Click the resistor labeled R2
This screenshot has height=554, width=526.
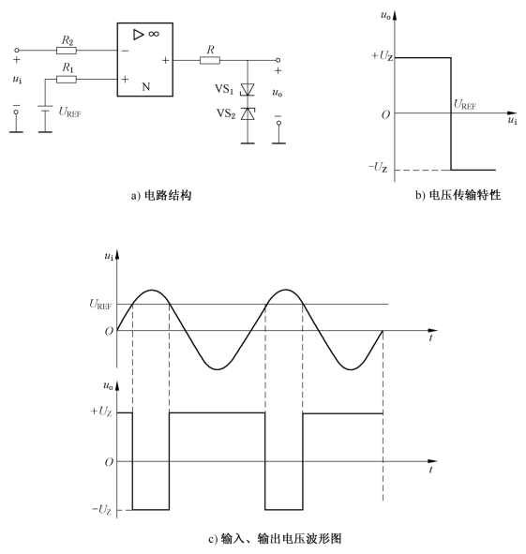(x=67, y=51)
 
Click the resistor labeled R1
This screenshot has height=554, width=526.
(x=67, y=79)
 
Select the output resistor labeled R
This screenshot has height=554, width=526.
(x=210, y=60)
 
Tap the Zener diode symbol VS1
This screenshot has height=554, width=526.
(x=248, y=89)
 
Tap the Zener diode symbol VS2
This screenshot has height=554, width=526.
(x=248, y=113)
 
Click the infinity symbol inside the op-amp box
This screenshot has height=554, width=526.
(x=154, y=34)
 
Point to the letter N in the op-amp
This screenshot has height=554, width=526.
(x=146, y=86)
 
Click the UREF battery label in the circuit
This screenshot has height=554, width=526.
(x=69, y=112)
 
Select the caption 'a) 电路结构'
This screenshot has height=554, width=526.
(x=161, y=195)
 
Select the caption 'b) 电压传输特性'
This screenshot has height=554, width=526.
(x=458, y=195)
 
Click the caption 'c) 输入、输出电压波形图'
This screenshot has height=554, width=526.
(x=275, y=539)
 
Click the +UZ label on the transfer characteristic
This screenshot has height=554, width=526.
(x=382, y=56)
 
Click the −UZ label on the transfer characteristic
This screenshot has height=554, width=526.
(x=378, y=167)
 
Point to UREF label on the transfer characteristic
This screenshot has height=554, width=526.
(x=465, y=105)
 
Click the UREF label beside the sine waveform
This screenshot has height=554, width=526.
(x=100, y=305)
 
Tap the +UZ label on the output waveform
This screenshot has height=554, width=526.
(x=101, y=412)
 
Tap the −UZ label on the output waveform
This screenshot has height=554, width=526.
(x=101, y=510)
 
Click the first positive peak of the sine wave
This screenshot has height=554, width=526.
(x=152, y=290)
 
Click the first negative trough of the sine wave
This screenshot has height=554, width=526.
(x=217, y=369)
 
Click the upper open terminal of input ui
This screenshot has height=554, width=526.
(x=16, y=51)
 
